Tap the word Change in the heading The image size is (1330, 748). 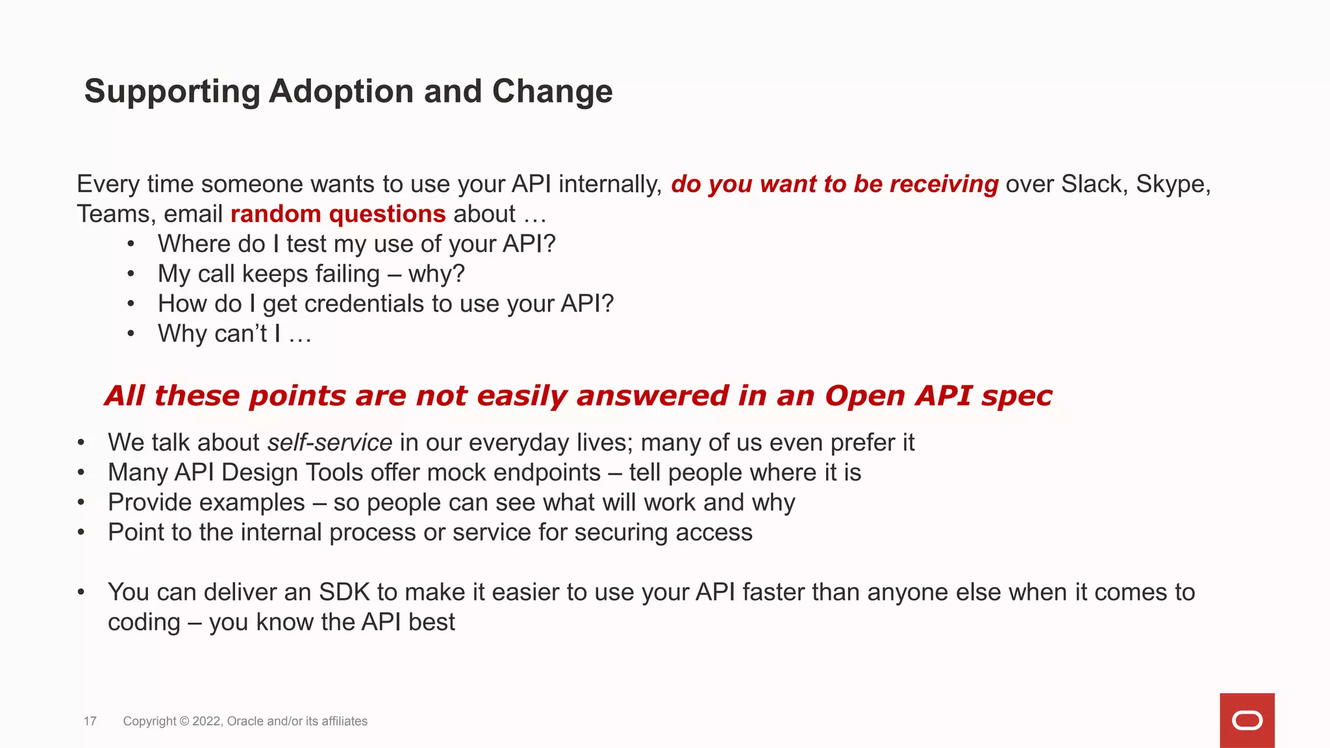[552, 91]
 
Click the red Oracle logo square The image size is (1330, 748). [1247, 720]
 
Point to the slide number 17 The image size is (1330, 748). [90, 721]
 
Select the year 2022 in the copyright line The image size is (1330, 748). [207, 721]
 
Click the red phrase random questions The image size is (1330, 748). [338, 214]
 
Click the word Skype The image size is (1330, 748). [1172, 184]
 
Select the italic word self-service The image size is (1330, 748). [330, 443]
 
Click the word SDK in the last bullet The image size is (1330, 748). [344, 592]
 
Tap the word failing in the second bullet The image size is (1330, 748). [347, 274]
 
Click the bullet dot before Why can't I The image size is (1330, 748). [131, 334]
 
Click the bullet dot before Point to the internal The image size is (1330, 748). [81, 532]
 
